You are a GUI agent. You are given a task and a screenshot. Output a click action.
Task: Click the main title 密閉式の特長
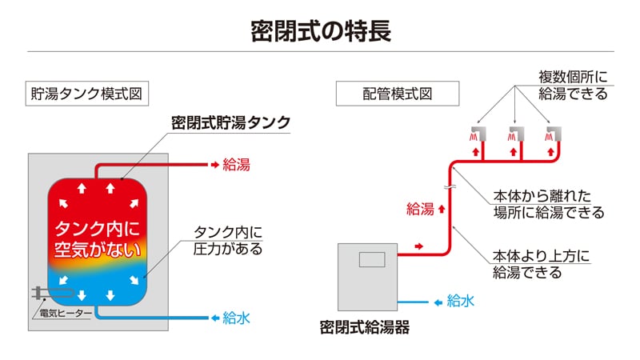tap(321, 31)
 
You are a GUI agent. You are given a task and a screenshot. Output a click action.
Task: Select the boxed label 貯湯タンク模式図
tap(87, 94)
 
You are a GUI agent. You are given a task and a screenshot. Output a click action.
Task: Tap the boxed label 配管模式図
tap(398, 94)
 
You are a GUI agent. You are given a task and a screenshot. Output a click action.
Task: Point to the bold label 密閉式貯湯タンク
tap(230, 122)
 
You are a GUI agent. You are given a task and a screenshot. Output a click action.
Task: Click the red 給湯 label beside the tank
tap(236, 165)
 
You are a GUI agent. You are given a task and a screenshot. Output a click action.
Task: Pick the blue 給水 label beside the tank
tap(236, 318)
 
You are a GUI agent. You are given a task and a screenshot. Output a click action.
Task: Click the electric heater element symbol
tap(53, 293)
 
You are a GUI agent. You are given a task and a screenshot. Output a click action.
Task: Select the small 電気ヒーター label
tap(66, 314)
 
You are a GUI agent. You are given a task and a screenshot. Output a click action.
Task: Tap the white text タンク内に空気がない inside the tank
tap(98, 239)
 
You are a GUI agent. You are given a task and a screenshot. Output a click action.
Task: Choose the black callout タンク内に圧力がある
tap(228, 240)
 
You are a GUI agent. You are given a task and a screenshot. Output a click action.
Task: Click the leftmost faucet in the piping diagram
tap(478, 134)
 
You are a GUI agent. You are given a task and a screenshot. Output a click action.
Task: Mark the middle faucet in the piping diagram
tap(516, 134)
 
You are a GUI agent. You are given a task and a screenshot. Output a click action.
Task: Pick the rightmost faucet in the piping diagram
tap(554, 134)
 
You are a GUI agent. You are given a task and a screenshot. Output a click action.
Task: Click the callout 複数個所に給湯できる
tap(573, 86)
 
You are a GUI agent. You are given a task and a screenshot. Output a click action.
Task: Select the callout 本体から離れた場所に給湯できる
tap(549, 204)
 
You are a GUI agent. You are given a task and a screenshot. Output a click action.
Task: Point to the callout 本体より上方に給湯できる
tap(542, 264)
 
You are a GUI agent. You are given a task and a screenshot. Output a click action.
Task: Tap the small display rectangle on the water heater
tap(372, 259)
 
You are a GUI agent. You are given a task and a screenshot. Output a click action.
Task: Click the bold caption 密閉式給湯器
tap(365, 327)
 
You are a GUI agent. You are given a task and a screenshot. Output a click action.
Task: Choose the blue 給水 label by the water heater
tap(461, 302)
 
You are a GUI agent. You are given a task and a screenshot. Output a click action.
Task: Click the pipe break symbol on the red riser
tap(450, 187)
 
